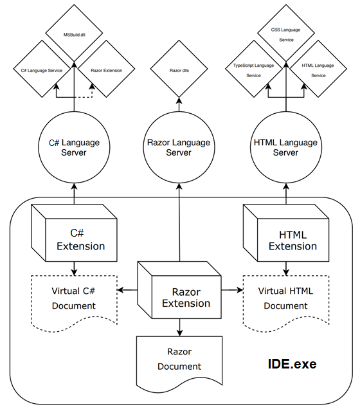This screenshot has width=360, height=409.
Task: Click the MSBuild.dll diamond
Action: pos(75,33)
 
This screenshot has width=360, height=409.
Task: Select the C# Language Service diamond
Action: pos(42,69)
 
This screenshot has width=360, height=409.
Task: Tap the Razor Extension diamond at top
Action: pos(106,69)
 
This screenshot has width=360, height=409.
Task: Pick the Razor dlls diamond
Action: pos(179,69)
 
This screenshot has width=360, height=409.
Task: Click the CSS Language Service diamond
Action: pos(286,33)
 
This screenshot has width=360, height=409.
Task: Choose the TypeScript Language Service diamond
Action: pos(254,69)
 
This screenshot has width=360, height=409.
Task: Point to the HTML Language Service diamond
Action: pos(318,69)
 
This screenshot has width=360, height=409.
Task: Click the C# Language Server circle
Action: pos(74,147)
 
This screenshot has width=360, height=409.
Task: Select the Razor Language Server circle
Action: pos(179,147)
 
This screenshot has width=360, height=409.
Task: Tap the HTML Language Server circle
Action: pos(286,147)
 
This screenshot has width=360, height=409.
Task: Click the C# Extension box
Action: pos(74,233)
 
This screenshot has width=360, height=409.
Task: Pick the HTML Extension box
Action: pos(286,233)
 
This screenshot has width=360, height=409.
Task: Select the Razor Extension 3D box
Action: pos(179,290)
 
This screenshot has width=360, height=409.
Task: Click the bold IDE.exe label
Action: pos(292,364)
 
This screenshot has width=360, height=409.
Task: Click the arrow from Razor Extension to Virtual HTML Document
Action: pos(232,290)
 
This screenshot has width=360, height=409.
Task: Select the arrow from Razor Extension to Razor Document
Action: pos(179,327)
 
